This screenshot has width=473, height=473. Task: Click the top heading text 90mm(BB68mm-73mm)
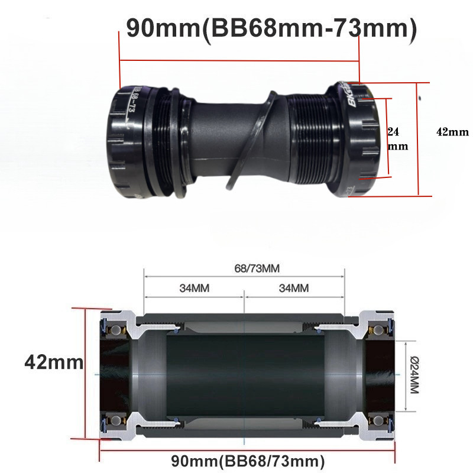271,28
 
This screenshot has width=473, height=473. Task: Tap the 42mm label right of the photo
452,132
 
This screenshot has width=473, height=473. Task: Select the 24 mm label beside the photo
397,139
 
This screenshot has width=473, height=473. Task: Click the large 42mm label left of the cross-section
54,362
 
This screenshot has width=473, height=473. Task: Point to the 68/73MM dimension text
257,268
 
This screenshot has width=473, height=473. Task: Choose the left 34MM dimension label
195,288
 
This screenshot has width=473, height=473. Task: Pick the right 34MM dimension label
294,288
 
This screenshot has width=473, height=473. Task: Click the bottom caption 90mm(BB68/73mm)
248,461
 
